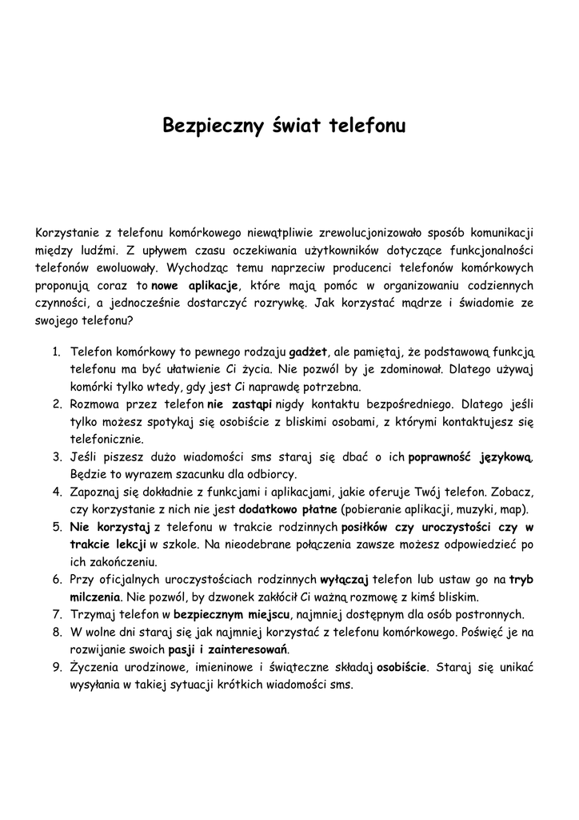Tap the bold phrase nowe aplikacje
pos(196,285)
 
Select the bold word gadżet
pos(308,352)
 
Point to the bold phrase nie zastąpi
pos(240,404)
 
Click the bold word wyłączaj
pos(344,580)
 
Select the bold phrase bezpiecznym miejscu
pos(231,614)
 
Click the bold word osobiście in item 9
pos(402,667)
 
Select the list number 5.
pos(57,528)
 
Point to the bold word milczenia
pos(95,597)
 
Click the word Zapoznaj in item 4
pos(94,492)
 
